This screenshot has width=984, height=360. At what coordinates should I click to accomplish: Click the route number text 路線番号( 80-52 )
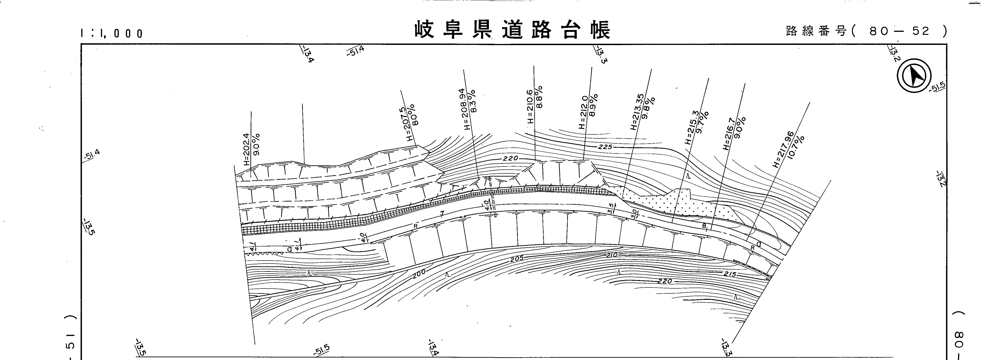click(866, 31)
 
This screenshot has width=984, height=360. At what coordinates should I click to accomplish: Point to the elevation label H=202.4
click(246, 149)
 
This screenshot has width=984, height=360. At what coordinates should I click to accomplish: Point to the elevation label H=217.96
click(783, 149)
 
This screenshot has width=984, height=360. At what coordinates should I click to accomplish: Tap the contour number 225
click(605, 147)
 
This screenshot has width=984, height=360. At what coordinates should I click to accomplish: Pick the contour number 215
click(730, 274)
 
